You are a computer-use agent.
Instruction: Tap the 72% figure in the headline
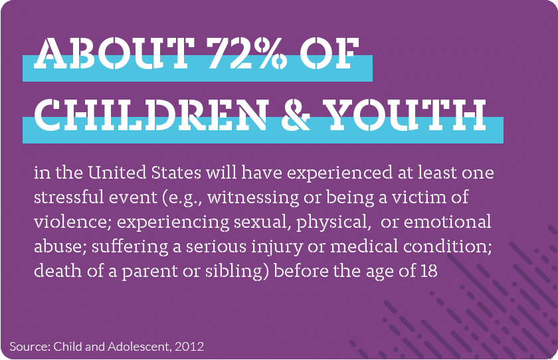247,53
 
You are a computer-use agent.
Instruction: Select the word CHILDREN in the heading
151,114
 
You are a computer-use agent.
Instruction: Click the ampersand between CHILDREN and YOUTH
295,114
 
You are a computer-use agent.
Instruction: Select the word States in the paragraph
176,173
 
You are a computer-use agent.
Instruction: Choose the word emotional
447,222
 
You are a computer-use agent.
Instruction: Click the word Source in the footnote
30,347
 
